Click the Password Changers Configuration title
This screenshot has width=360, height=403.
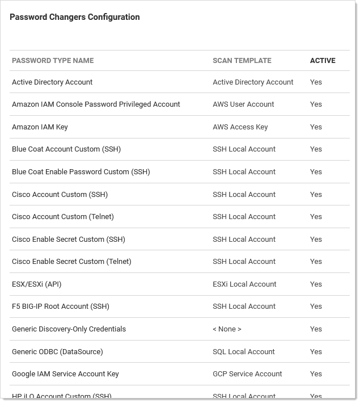pos(75,17)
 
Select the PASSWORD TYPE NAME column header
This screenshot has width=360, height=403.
pos(53,61)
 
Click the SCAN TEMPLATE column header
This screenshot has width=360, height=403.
pos(242,61)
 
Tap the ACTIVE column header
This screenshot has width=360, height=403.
pos(323,61)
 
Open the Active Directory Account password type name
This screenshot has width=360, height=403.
pos(52,82)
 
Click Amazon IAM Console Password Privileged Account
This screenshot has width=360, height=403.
pos(96,104)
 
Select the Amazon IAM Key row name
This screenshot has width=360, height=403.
pos(40,127)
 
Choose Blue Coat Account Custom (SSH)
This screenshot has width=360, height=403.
pos(66,149)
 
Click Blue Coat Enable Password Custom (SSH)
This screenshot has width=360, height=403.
pos(81,172)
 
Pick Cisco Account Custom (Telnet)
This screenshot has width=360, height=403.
pos(63,217)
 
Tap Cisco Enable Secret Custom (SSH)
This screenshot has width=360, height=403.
pos(69,240)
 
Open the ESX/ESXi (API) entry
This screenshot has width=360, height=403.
pos(36,284)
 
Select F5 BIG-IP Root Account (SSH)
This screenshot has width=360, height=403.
pos(61,307)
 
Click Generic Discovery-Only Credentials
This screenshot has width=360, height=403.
pos(69,329)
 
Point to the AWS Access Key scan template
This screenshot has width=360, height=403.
pos(240,127)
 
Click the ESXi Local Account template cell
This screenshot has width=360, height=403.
pos(245,284)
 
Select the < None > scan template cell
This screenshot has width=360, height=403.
pos(227,329)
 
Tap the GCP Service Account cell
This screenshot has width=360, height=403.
pos(247,374)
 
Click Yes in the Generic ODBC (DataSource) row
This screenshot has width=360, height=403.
pos(316,352)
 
